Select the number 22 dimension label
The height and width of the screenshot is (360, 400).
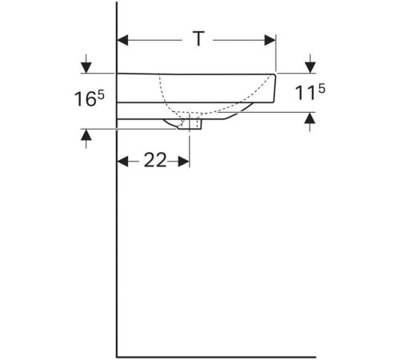coord(154,161)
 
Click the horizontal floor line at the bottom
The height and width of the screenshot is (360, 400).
coord(216,356)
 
